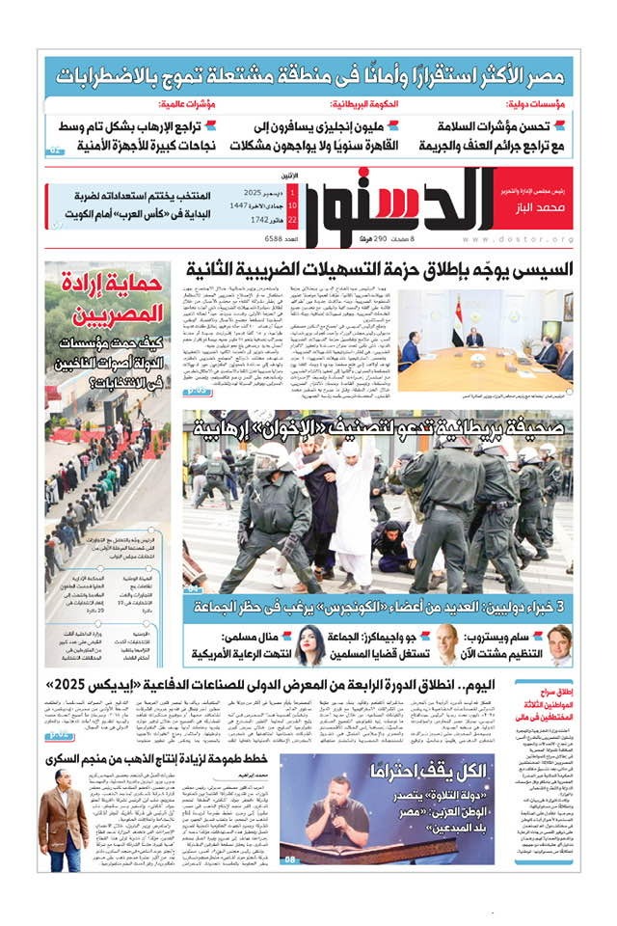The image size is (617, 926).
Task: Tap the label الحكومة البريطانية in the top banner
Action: tap(366, 104)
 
